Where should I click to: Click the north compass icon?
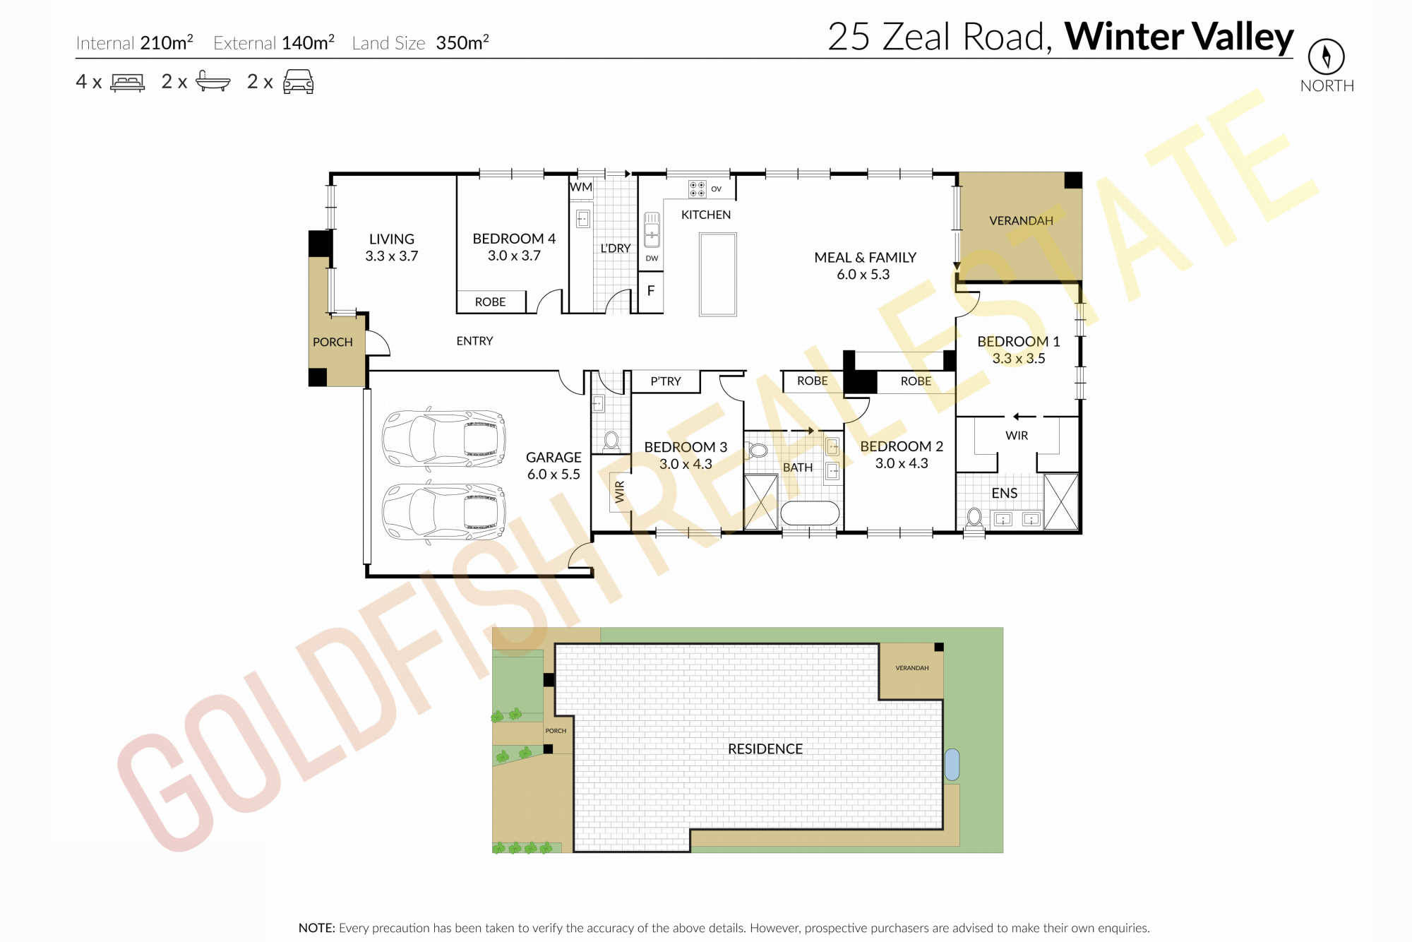pyautogui.click(x=1326, y=56)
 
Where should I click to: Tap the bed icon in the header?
pyautogui.click(x=128, y=83)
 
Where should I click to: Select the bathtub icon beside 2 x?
pyautogui.click(x=213, y=81)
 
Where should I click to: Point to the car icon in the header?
pyautogui.click(x=298, y=82)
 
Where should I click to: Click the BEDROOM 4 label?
pyautogui.click(x=514, y=239)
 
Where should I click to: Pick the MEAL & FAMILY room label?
pyautogui.click(x=865, y=258)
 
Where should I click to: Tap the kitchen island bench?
pyautogui.click(x=718, y=274)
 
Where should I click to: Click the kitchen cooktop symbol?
pyautogui.click(x=697, y=189)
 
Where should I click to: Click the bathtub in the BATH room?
pyautogui.click(x=810, y=513)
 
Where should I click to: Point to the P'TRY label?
pyautogui.click(x=666, y=381)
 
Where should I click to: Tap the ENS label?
pyautogui.click(x=1004, y=493)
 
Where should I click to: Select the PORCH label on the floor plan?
pyautogui.click(x=333, y=342)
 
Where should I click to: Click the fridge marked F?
pyautogui.click(x=651, y=290)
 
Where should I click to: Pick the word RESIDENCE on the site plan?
pyautogui.click(x=765, y=749)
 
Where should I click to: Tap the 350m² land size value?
pyautogui.click(x=462, y=42)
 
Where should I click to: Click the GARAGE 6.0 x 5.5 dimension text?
pyautogui.click(x=554, y=475)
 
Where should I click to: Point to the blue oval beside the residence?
pyautogui.click(x=952, y=765)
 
